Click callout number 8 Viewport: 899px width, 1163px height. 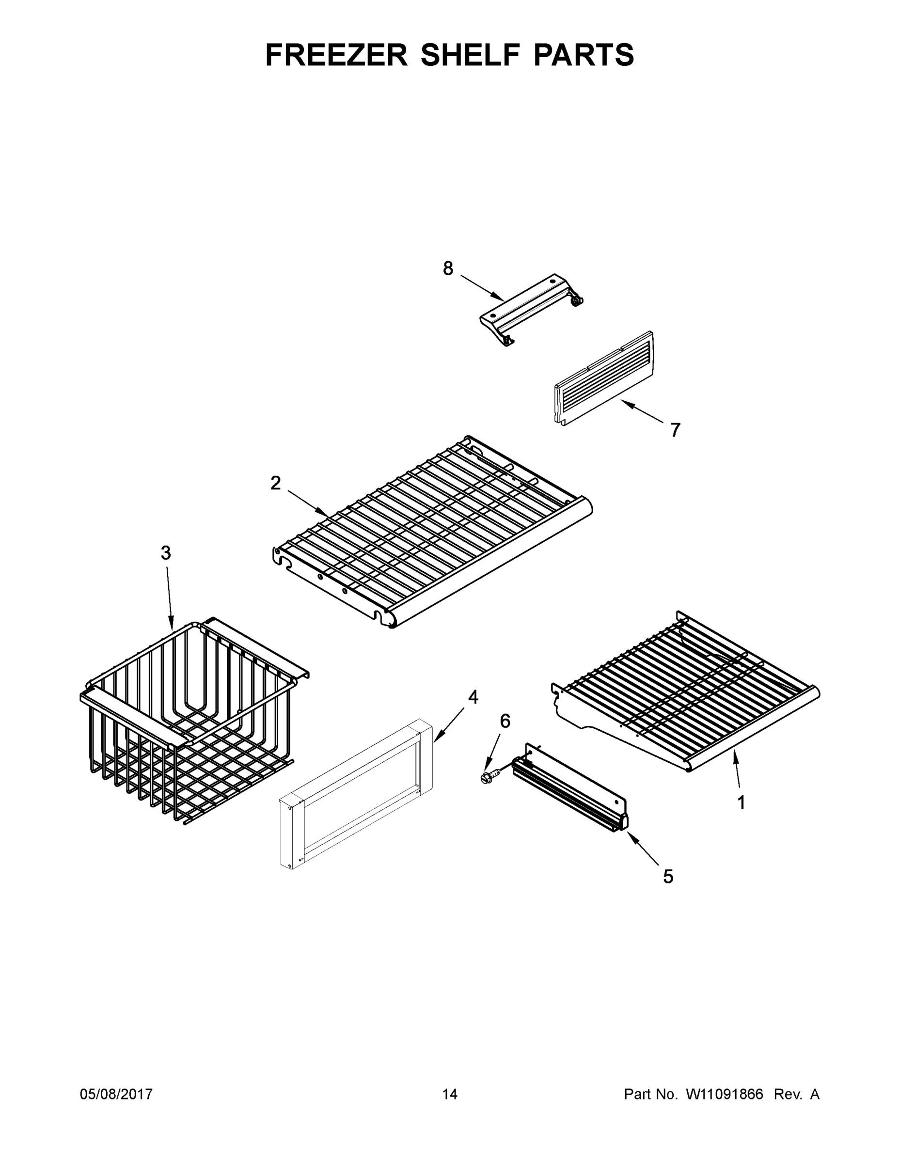coord(448,268)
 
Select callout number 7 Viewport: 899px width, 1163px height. coord(675,429)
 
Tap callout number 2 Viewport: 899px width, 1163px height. coord(275,483)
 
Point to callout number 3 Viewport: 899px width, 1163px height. coord(166,553)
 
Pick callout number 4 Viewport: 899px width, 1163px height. coord(473,697)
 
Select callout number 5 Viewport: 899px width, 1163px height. coord(668,877)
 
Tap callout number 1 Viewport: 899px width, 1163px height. coord(741,802)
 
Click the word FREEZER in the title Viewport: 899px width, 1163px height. coord(336,55)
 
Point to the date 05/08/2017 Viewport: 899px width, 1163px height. coord(116,1094)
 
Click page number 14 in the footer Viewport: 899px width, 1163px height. coord(450,1094)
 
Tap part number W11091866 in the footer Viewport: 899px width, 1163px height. coord(725,1094)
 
